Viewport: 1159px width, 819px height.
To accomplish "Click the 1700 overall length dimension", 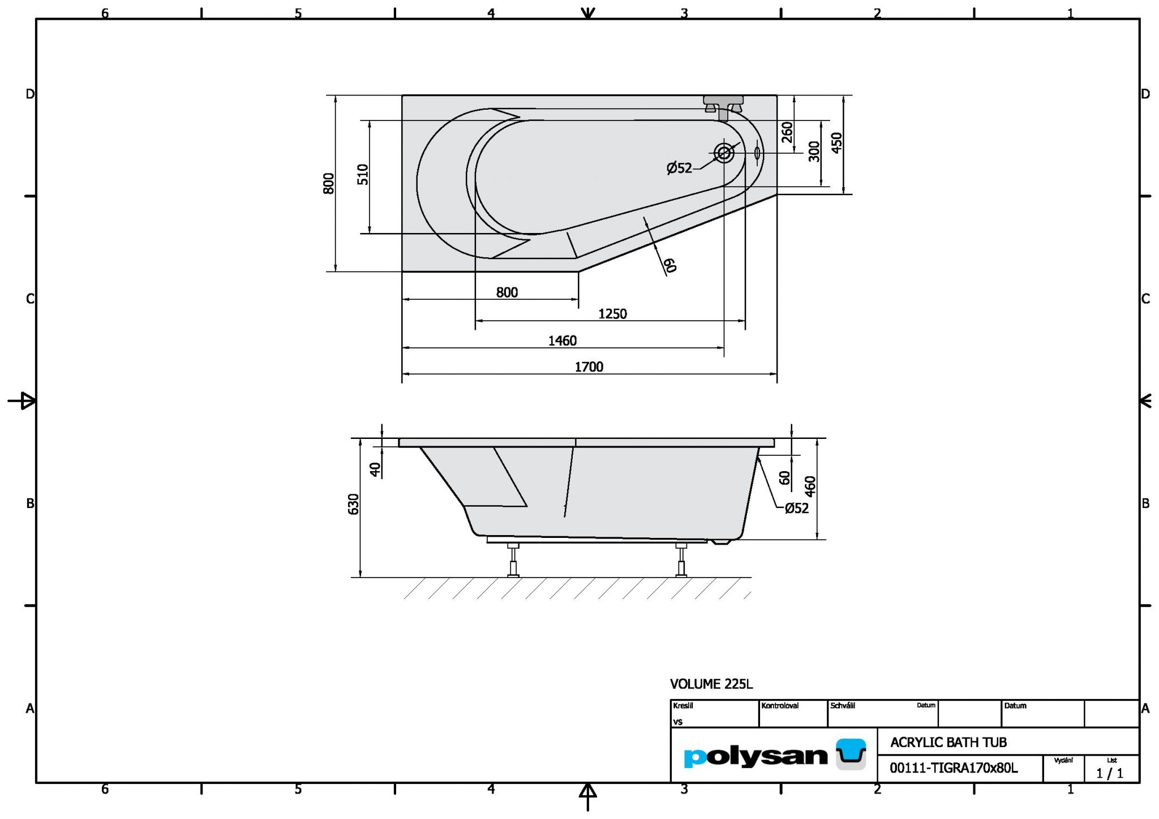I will [589, 367].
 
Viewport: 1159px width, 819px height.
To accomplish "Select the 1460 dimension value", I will [562, 340].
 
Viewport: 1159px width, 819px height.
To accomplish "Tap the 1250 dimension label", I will [612, 314].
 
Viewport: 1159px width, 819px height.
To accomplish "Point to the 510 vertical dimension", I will [363, 174].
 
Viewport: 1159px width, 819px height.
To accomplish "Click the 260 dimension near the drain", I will [787, 132].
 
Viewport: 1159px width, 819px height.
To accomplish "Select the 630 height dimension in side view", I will [354, 504].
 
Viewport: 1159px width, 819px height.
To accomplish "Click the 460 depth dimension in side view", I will [810, 486].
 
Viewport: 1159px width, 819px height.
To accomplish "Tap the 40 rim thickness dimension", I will [375, 469].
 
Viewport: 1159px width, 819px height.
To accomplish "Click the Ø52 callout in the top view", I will [679, 168].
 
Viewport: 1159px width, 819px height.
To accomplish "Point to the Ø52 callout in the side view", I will [796, 508].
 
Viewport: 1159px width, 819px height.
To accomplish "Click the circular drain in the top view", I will [724, 153].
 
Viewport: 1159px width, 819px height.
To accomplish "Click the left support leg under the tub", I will [513, 561].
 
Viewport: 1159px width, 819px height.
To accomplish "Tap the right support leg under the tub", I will [681, 561].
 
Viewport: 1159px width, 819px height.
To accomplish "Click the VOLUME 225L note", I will [711, 684].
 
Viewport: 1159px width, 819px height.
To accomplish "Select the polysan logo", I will [774, 755].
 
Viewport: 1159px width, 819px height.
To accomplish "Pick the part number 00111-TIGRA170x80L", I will [954, 768].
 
